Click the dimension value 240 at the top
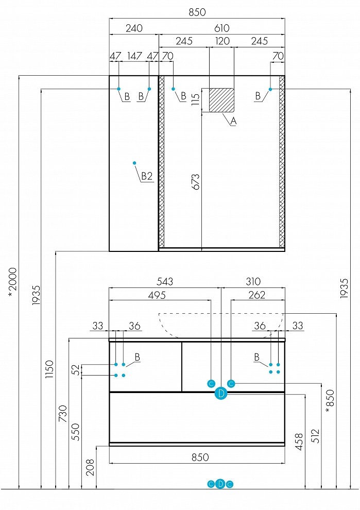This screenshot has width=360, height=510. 134,28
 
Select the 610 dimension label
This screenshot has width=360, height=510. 221,28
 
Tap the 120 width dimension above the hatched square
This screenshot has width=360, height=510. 222,41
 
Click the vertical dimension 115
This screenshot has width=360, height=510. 195,99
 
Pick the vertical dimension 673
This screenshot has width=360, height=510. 195,182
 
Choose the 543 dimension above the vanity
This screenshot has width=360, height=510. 165,282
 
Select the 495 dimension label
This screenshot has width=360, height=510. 157,295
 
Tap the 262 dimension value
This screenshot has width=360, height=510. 256,295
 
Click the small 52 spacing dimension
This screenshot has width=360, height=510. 75,369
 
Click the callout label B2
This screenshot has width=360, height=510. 147,176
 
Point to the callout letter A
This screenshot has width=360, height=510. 233,122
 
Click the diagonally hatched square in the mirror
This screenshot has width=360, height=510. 221,99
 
